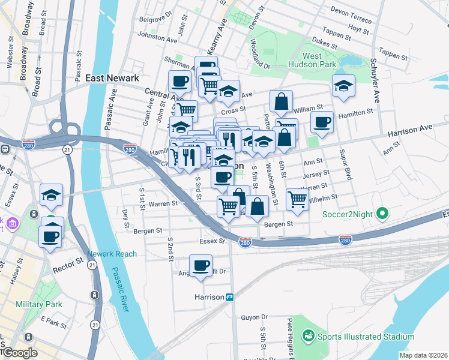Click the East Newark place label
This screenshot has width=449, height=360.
(x=112, y=78)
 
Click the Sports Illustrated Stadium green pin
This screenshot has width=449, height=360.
(x=309, y=336)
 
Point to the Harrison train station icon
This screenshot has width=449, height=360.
(x=229, y=297)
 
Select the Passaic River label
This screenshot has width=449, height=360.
(x=118, y=288)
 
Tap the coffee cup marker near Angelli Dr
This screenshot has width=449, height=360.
(x=201, y=265)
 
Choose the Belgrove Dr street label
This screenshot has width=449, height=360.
(x=155, y=19)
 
